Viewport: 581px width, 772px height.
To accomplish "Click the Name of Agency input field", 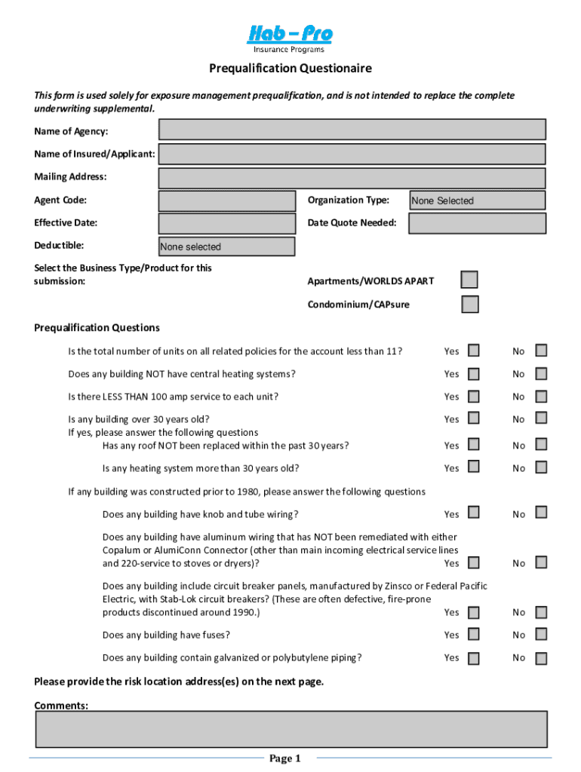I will coord(352,130).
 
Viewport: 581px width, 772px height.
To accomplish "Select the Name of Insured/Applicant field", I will coord(352,154).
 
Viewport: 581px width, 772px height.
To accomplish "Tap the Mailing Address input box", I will coord(352,178).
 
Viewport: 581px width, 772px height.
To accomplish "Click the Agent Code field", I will coord(227,201).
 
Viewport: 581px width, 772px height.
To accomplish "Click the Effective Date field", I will coord(227,223).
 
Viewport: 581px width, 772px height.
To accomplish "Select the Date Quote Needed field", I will coord(477,223).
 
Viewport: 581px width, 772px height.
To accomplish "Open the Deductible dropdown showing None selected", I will coord(227,247).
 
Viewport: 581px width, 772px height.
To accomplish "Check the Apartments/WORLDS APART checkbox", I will coord(469,280).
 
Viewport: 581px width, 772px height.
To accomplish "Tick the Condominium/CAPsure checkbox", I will coord(469,305).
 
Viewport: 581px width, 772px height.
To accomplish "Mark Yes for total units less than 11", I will coord(473,351).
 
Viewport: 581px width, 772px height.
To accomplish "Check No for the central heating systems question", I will coord(541,373).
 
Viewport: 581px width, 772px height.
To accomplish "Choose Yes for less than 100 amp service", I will coord(473,396).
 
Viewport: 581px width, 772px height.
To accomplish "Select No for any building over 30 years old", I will coord(541,418).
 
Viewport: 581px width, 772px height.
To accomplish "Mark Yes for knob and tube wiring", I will coord(473,513).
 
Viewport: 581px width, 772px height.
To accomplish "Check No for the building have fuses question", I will coord(541,635).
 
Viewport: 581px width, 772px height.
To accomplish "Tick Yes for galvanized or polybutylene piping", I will coord(473,658).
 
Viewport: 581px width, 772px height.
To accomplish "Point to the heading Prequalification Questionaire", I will coord(290,69).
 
